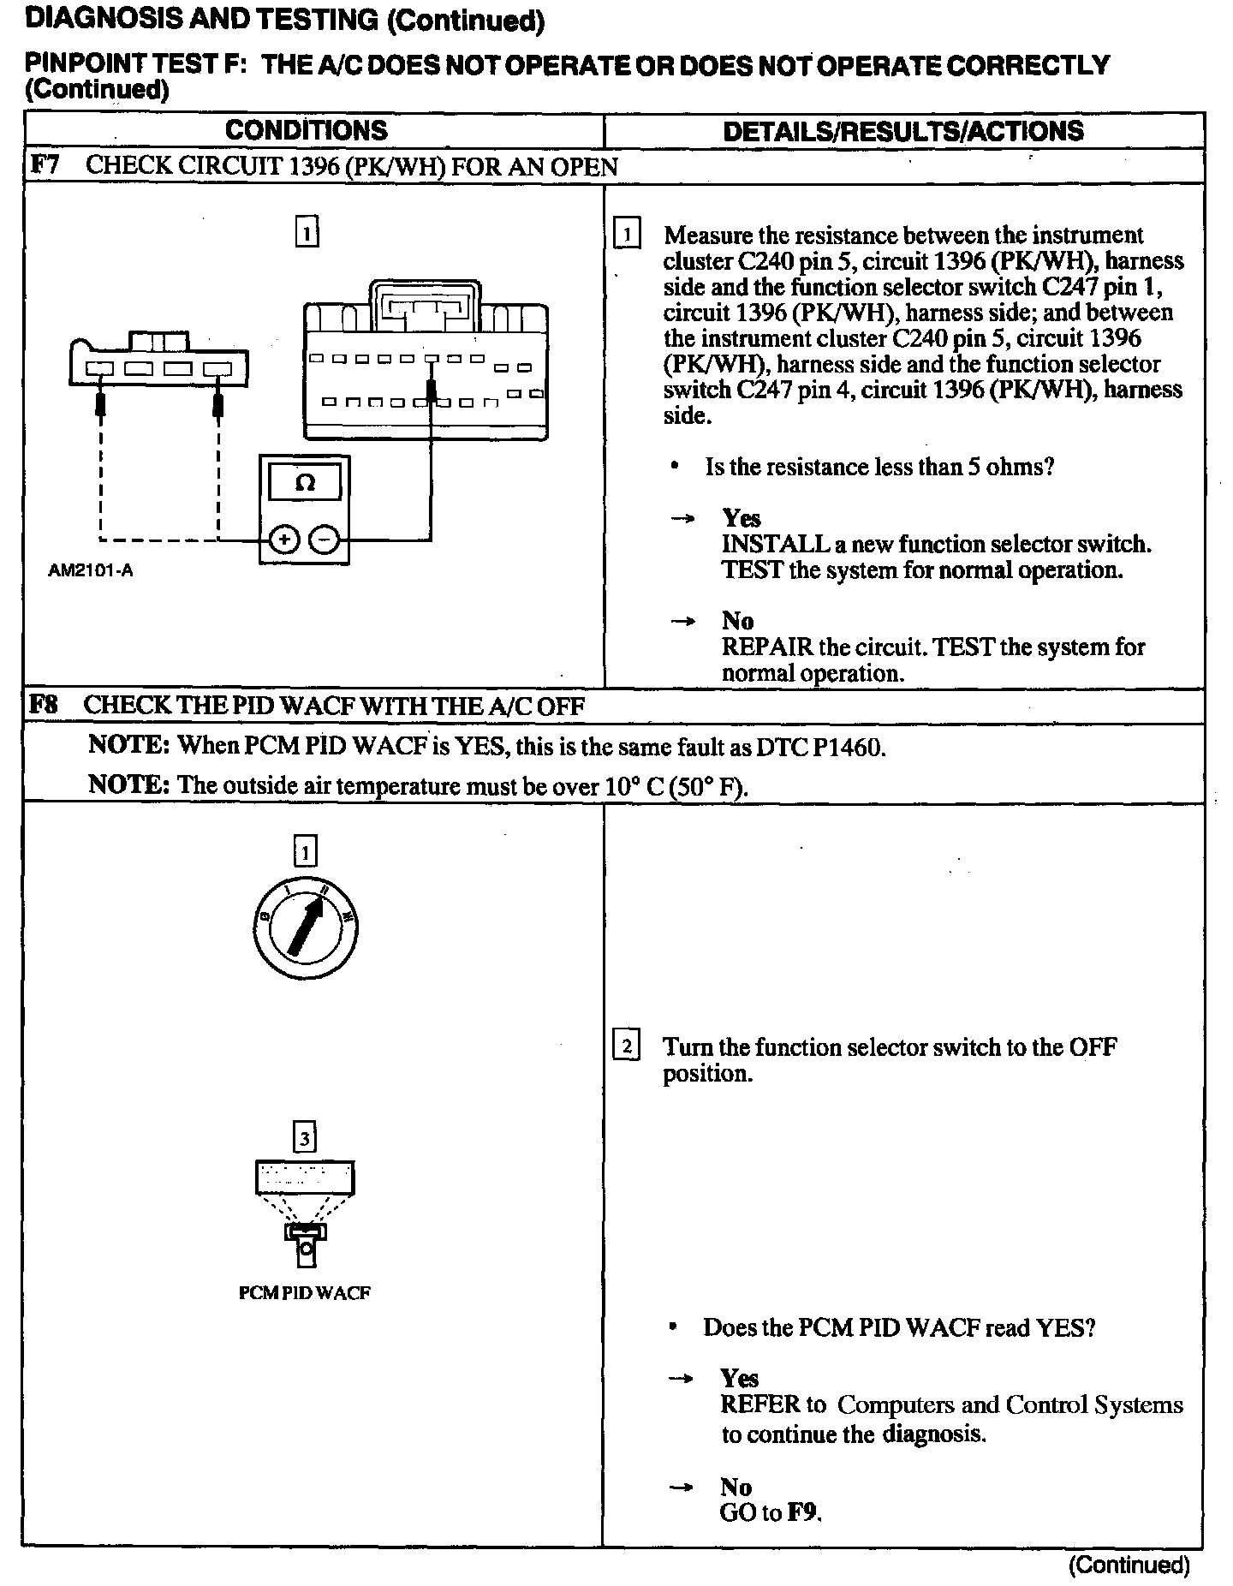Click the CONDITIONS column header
[x=306, y=130]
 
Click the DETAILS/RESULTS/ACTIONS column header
[x=903, y=131]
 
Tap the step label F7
[x=45, y=165]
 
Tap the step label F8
[x=44, y=706]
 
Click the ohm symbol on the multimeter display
[x=305, y=483]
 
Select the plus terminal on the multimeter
[x=283, y=540]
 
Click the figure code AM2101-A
[x=90, y=570]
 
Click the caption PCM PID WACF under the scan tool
[x=305, y=1293]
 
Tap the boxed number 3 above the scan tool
[x=305, y=1139]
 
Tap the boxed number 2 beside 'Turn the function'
[x=627, y=1046]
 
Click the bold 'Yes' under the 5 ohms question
[x=742, y=518]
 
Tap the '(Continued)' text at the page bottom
[x=1129, y=1565]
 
